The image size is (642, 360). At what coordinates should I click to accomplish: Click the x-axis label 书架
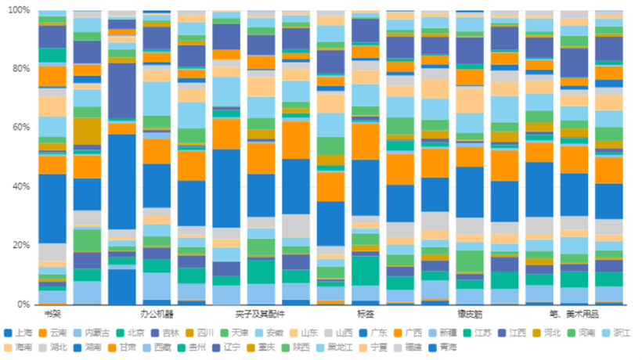(52, 314)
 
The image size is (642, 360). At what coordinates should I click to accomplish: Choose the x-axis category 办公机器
(157, 314)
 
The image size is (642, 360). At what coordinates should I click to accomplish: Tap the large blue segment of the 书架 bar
(52, 208)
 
